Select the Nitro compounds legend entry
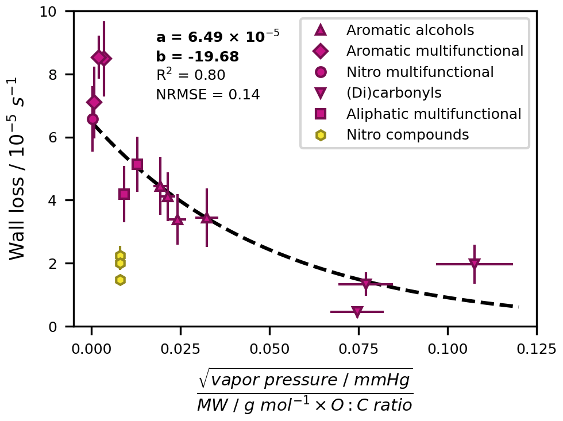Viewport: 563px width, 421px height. click(x=407, y=135)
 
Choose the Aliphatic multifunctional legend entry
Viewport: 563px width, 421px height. click(x=433, y=114)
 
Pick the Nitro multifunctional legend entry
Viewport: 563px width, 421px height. click(x=419, y=72)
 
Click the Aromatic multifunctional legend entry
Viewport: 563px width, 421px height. click(x=434, y=51)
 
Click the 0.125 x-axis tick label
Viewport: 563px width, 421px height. click(x=536, y=349)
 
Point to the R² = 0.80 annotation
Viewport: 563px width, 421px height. click(x=190, y=75)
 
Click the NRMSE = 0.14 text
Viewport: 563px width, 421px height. click(x=208, y=95)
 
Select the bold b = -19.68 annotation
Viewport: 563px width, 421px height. click(x=197, y=57)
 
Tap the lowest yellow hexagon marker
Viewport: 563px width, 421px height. click(x=120, y=280)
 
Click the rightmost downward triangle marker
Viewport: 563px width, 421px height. click(x=474, y=264)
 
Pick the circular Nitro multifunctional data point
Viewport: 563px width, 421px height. click(x=92, y=119)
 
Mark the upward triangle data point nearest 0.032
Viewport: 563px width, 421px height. click(x=207, y=218)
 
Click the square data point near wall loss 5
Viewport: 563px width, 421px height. click(x=137, y=164)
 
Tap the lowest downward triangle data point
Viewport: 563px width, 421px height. click(x=357, y=312)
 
